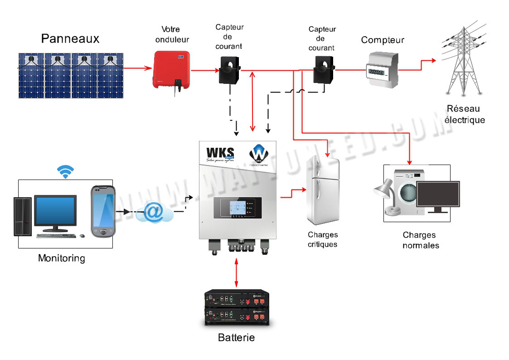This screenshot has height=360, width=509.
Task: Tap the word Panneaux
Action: click(70, 39)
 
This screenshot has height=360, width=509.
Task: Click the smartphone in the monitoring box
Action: click(103, 211)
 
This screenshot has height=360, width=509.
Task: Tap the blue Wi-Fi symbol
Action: click(66, 172)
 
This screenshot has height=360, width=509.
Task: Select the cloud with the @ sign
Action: click(155, 212)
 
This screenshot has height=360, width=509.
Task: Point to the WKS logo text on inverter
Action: click(220, 152)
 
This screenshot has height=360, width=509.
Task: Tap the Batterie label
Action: click(236, 338)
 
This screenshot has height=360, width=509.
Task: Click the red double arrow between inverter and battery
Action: click(236, 272)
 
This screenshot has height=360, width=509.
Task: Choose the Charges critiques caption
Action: click(322, 239)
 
